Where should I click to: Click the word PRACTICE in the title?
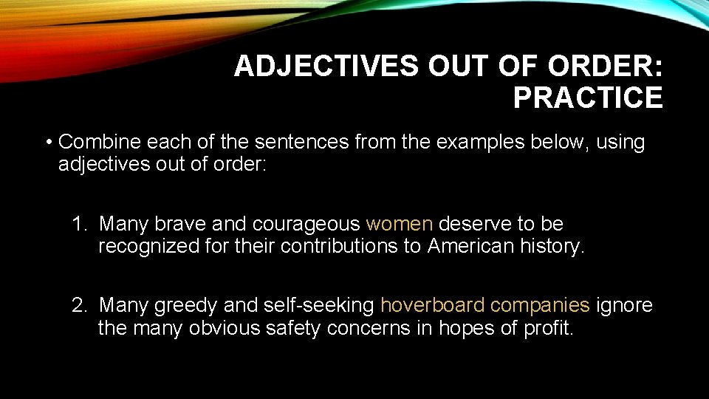pyautogui.click(x=588, y=98)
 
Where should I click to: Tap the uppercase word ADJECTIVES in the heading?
pyautogui.click(x=326, y=66)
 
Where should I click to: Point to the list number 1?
pyautogui.click(x=78, y=223)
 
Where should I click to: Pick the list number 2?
pyautogui.click(x=78, y=304)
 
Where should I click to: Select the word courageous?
pyautogui.click(x=306, y=224)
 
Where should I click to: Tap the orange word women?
pyautogui.click(x=400, y=223)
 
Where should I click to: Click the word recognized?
pyautogui.click(x=148, y=247)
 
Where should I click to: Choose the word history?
pyautogui.click(x=553, y=247)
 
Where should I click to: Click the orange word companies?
pyautogui.click(x=540, y=305)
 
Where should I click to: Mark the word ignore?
pyautogui.click(x=624, y=305)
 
